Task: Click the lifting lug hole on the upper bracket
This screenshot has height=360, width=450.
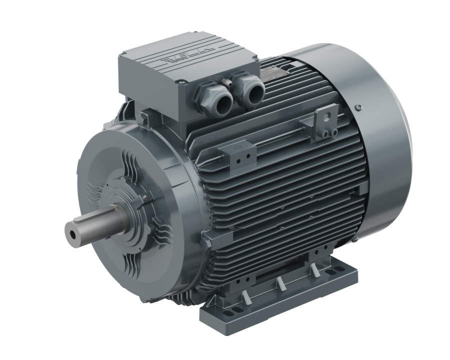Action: coord(328,114)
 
